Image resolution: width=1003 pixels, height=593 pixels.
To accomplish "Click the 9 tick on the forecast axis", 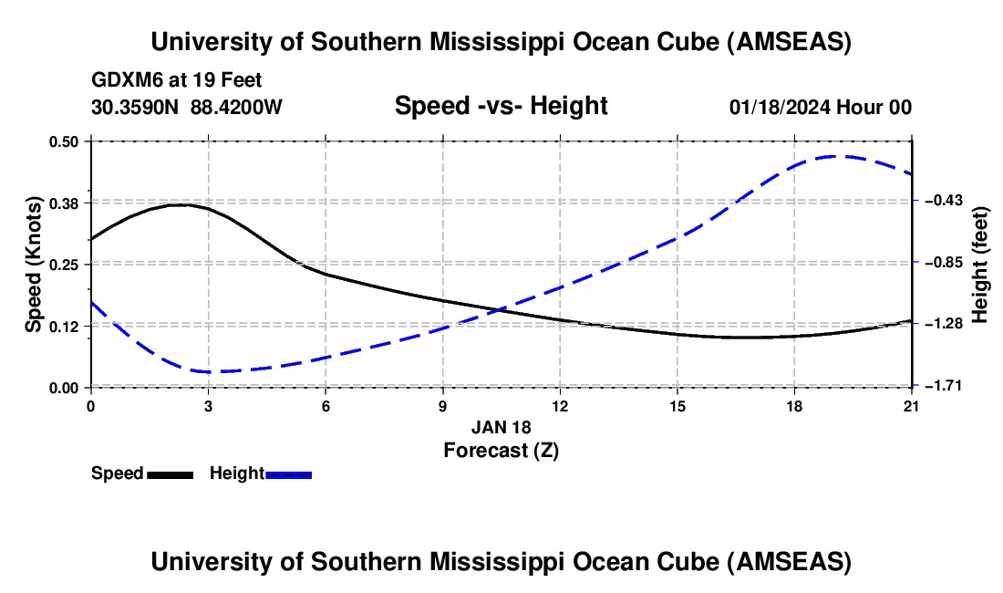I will pyautogui.click(x=443, y=406).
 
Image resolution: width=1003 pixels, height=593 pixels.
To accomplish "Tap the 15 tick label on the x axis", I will pyautogui.click(x=677, y=406).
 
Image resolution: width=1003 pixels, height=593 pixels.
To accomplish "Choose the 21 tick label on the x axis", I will pyautogui.click(x=912, y=406).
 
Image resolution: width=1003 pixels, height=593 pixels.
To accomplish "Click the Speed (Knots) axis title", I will pyautogui.click(x=33, y=264).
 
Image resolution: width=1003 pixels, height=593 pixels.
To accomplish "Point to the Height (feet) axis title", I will pyautogui.click(x=980, y=265).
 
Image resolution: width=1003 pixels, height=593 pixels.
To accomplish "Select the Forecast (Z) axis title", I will pyautogui.click(x=501, y=450).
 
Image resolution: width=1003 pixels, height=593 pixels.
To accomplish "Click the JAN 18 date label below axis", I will pyautogui.click(x=501, y=427).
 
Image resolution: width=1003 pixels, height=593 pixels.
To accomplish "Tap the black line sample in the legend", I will pyautogui.click(x=171, y=474).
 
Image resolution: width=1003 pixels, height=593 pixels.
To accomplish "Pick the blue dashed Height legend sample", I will pyautogui.click(x=289, y=474).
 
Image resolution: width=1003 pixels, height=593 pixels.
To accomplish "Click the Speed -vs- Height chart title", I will pyautogui.click(x=501, y=106).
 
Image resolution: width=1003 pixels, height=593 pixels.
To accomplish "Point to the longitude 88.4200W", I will pyautogui.click(x=236, y=107).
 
